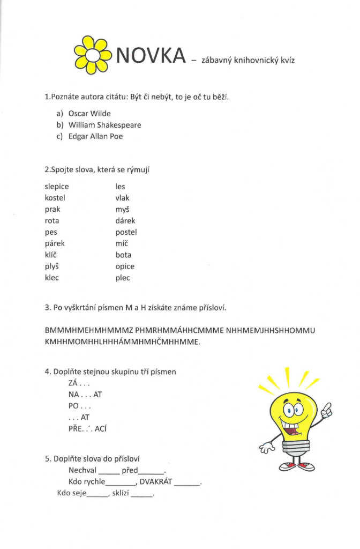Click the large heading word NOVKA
tap(151, 55)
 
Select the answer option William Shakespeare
tap(104, 125)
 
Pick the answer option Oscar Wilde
tap(89, 114)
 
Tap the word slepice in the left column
tap(57, 187)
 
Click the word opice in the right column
tap(125, 266)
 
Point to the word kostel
tap(55, 198)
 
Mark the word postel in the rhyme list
tap(126, 232)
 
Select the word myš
tap(122, 210)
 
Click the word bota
tap(123, 255)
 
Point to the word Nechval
tap(82, 470)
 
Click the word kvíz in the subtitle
tap(286, 61)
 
